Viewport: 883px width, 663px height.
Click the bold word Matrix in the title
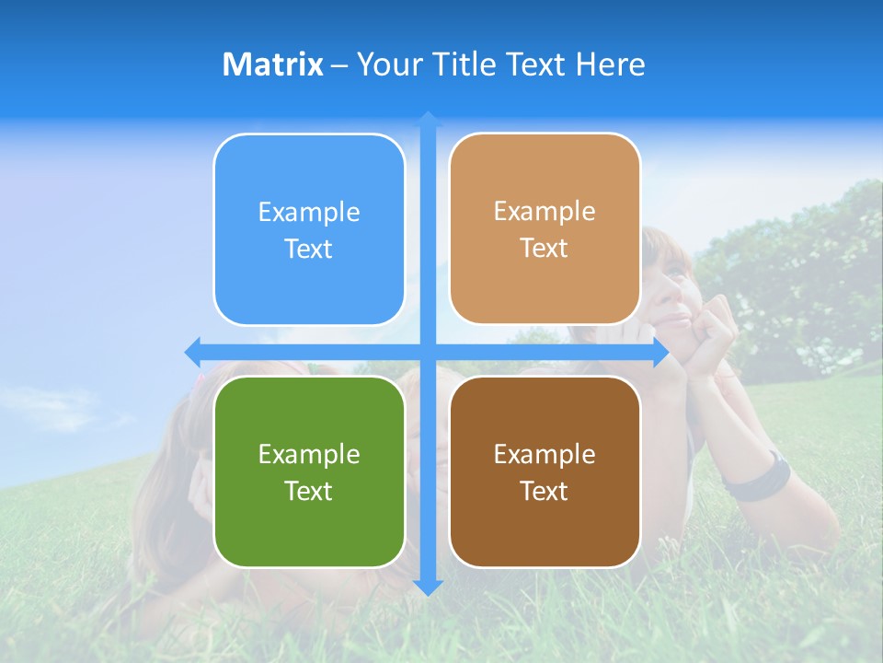point(272,64)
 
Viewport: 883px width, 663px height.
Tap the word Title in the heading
point(464,64)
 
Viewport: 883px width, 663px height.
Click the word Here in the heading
point(610,64)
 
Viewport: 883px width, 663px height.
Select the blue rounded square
point(309,229)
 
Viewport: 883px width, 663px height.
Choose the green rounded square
point(309,471)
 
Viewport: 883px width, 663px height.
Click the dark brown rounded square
point(545,471)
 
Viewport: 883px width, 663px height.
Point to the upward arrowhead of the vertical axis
point(428,119)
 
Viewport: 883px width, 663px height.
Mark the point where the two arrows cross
point(428,352)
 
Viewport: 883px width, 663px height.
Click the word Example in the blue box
point(309,212)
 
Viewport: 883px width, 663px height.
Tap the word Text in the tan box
point(545,248)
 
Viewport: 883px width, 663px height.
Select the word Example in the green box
point(309,454)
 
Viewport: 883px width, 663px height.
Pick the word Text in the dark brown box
point(545,491)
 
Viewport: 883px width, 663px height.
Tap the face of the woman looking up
point(670,281)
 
